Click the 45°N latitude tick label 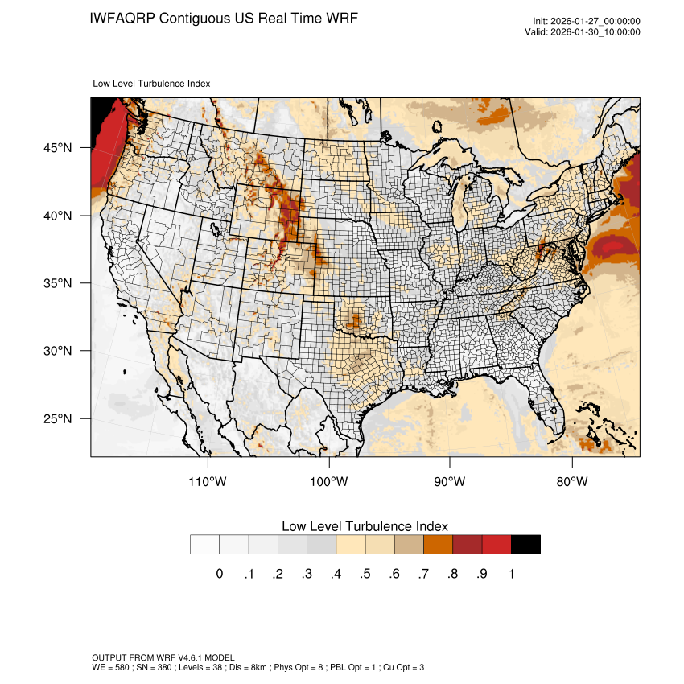59,148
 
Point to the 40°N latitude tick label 59,216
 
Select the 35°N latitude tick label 59,283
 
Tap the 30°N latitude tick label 59,351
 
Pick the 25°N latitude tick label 59,418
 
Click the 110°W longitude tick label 208,482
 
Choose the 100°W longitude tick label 329,482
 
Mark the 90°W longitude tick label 450,482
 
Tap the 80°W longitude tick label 571,482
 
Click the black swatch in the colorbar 525,545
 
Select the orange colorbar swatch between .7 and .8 438,545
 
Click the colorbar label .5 365,574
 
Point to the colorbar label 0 219,574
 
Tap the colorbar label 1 511,574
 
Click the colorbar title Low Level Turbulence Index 365,526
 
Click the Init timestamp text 587,21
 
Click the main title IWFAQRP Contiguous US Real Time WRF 224,18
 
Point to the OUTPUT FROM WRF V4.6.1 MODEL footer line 163,657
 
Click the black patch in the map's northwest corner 100,111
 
